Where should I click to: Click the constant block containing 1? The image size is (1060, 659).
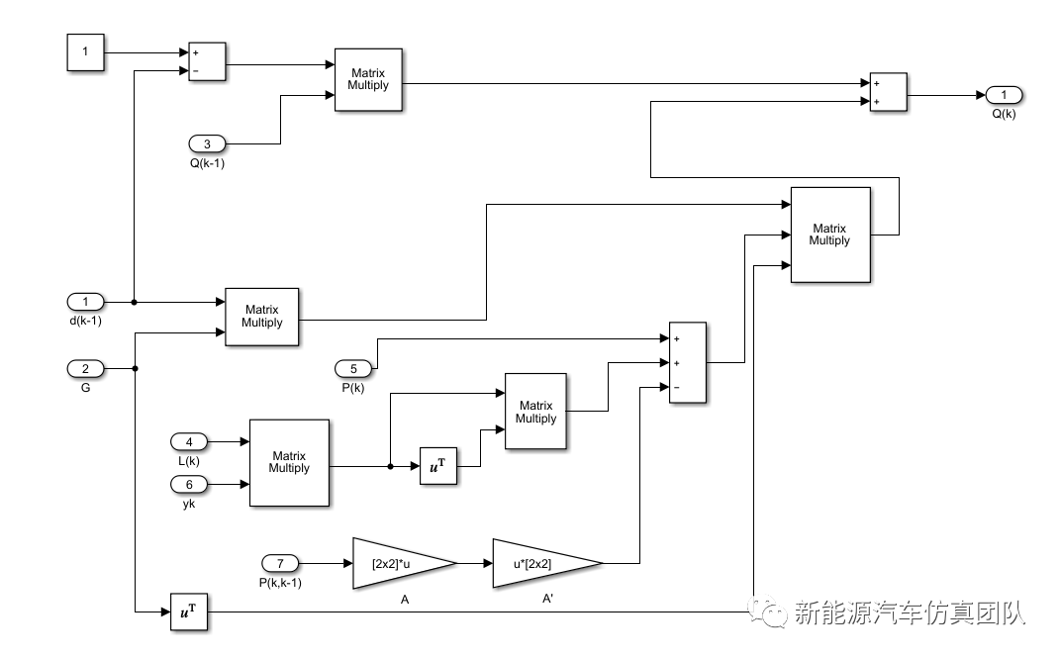click(x=85, y=51)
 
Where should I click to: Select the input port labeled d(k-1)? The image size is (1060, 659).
click(x=85, y=301)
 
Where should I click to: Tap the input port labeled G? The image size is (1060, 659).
click(x=85, y=369)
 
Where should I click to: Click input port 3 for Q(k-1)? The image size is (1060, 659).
click(x=208, y=143)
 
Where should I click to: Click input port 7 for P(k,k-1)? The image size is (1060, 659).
click(x=280, y=563)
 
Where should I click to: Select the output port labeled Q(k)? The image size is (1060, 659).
click(x=1004, y=95)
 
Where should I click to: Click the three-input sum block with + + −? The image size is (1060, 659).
click(x=688, y=362)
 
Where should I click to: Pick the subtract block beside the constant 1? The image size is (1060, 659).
click(x=207, y=61)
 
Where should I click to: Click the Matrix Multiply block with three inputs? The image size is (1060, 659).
click(x=829, y=235)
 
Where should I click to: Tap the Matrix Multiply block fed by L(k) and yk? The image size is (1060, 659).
click(x=289, y=462)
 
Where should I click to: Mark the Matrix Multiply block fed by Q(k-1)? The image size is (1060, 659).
click(x=368, y=79)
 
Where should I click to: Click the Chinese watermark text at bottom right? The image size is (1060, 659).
click(x=896, y=614)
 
